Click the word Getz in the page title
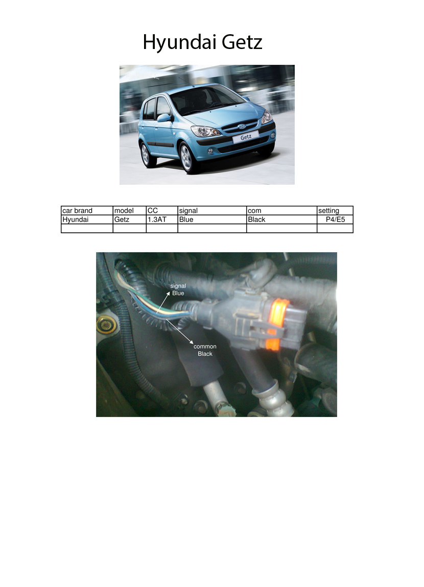242,41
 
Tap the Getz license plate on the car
246,137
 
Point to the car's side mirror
164,118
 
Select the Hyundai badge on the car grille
242,127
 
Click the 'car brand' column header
77,210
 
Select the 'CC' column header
152,210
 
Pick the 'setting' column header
328,210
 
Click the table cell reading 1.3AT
157,219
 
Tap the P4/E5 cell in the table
335,219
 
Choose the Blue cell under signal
186,219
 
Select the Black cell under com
256,219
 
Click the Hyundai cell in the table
75,219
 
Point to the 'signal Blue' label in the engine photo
178,289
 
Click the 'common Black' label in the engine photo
205,350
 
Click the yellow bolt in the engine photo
106,325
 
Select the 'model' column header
124,210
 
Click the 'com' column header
254,211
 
